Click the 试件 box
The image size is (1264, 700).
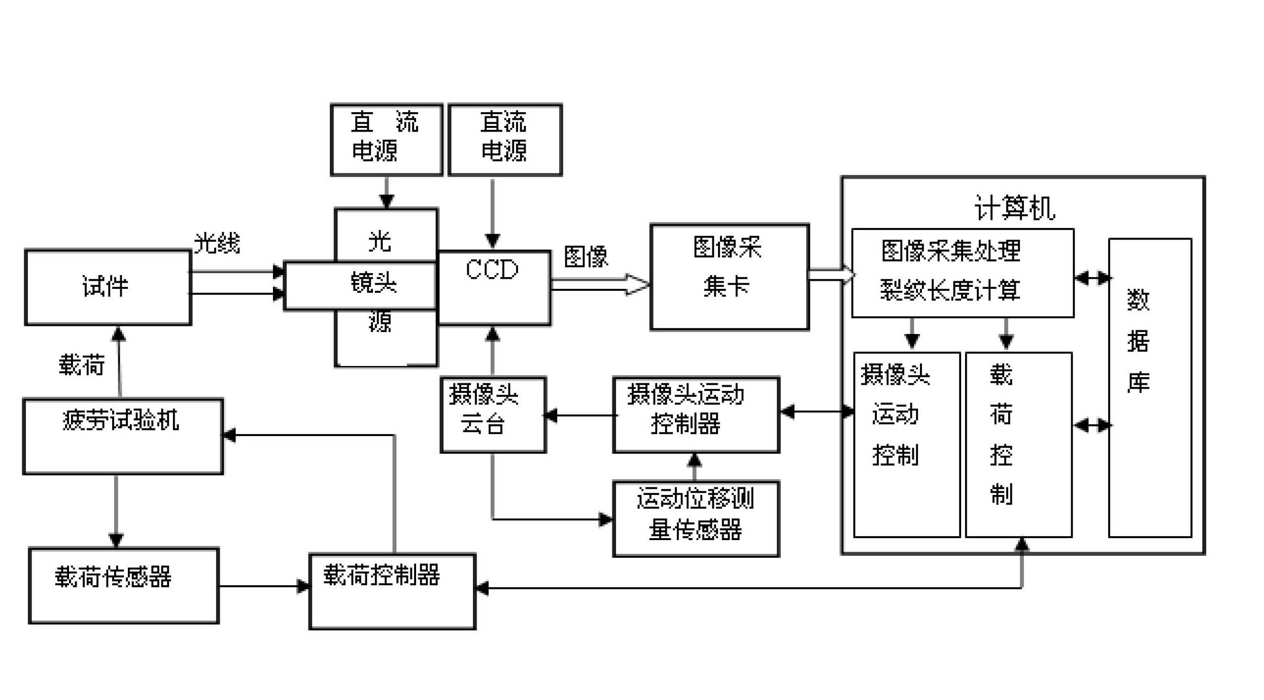tap(108, 287)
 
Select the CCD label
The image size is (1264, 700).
tap(492, 270)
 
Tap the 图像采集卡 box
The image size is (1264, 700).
tap(730, 277)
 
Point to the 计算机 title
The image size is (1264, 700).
tap(1014, 208)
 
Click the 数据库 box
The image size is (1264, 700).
tap(1150, 388)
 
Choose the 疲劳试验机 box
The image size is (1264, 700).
tap(123, 437)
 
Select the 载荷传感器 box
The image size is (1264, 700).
tap(124, 585)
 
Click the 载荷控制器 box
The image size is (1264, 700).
tap(392, 591)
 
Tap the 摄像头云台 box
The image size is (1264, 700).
tap(493, 415)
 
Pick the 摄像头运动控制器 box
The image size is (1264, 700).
tap(696, 415)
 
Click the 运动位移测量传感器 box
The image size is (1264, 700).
tap(696, 519)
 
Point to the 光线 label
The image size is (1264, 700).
tap(217, 243)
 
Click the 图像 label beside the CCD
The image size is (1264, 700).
tap(586, 256)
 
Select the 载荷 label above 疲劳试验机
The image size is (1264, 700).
tap(82, 365)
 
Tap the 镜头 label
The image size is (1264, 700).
tap(373, 283)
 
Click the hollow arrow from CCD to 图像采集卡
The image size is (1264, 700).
tap(600, 284)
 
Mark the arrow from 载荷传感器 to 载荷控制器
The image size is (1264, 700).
tap(264, 586)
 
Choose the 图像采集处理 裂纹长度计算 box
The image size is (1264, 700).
tap(963, 273)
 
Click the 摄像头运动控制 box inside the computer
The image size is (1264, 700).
tap(907, 445)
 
